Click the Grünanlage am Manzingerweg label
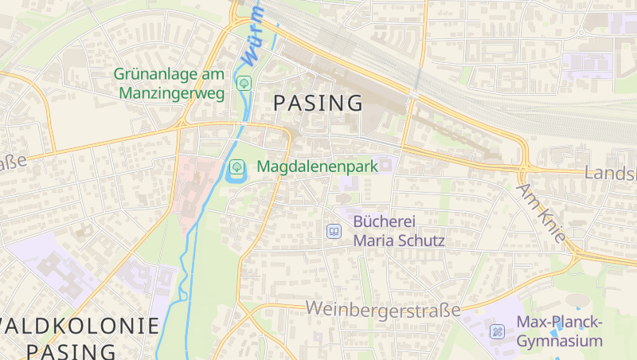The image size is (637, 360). tap(169, 83)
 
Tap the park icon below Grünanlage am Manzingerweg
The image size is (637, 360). tap(244, 82)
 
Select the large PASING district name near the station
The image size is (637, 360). tap(318, 103)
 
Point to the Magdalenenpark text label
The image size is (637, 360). tap(316, 167)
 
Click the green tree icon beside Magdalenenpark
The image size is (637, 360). tap(236, 167)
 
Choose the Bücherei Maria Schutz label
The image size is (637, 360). tap(398, 230)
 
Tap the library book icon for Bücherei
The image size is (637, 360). tap(334, 231)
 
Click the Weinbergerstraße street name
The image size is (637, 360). tap(383, 308)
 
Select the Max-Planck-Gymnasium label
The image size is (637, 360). tap(560, 331)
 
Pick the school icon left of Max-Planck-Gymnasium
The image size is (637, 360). tap(498, 331)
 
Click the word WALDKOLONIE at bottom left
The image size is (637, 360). tap(80, 325)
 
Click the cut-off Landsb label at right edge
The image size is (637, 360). tap(611, 173)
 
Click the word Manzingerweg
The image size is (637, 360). tap(171, 92)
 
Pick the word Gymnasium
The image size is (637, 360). tap(560, 341)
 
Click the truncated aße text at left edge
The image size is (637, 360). tap(13, 162)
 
